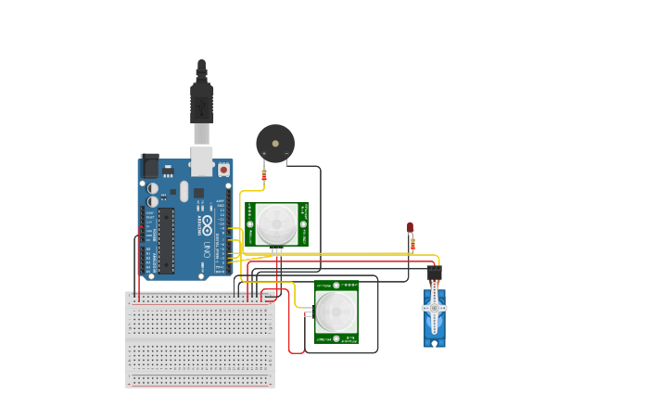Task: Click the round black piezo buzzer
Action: tap(274, 144)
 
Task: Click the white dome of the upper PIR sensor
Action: tap(276, 223)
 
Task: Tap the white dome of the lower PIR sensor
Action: tap(335, 312)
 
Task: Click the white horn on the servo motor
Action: tap(435, 307)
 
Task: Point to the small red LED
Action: tap(410, 226)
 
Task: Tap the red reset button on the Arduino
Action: tap(223, 170)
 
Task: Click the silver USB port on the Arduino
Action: tap(201, 160)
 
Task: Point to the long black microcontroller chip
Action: tap(166, 240)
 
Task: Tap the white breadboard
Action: tap(200, 339)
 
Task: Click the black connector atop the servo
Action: tap(434, 274)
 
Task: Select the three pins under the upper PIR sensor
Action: tap(276, 249)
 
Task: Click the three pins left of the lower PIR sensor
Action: tap(308, 313)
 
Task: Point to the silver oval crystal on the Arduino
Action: tap(184, 190)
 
